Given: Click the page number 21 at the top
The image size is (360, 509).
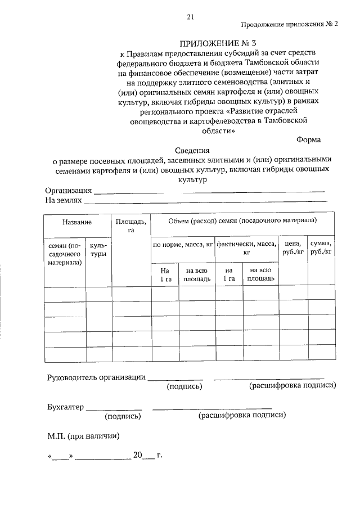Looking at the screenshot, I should (x=190, y=17).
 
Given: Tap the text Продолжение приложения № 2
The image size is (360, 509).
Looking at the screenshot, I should (x=290, y=25).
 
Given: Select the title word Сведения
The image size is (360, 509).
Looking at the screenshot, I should (x=191, y=150).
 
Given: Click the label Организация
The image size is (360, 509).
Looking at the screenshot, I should (x=69, y=191).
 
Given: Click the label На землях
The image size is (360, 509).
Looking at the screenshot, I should (x=64, y=200).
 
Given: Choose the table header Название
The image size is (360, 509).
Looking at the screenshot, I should (x=78, y=223).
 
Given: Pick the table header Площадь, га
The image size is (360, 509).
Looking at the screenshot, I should (x=132, y=226).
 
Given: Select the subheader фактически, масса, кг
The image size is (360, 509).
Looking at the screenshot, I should (x=246, y=248).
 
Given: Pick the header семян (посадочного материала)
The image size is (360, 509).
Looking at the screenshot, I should (x=64, y=254).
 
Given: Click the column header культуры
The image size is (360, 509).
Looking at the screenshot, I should (x=99, y=250).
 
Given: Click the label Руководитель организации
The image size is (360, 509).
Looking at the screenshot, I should (x=96, y=377).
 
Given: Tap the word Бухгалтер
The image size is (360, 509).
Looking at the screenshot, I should (x=65, y=407).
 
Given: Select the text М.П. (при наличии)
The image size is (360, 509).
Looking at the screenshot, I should (x=83, y=435).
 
